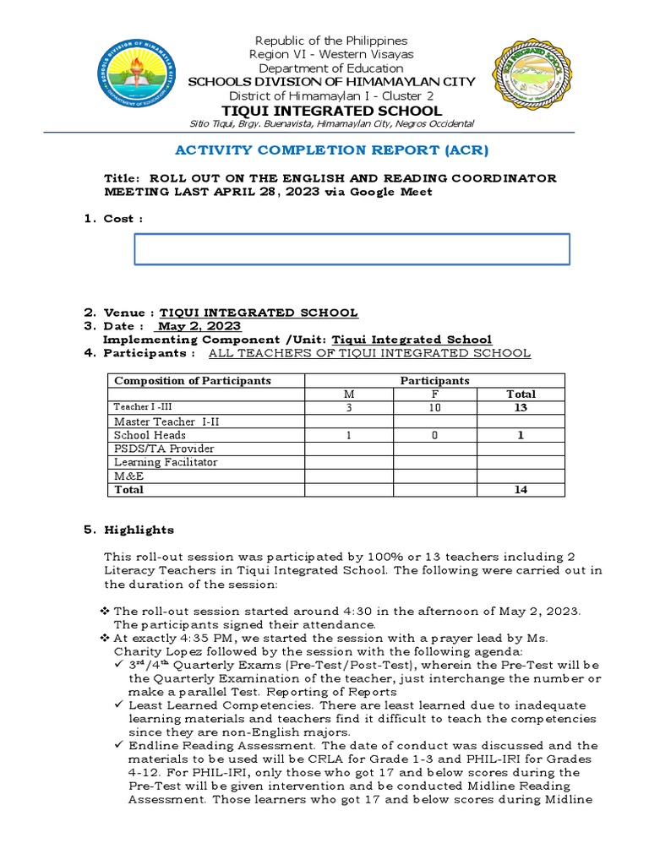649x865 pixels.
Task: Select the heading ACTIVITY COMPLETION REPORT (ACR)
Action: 331,150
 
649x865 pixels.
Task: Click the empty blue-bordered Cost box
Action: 352,249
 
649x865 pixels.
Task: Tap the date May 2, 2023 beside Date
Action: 199,326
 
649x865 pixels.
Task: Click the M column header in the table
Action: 349,394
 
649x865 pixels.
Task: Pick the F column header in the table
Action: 435,394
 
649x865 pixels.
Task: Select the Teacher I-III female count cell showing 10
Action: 435,407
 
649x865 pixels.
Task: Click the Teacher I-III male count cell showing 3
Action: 349,407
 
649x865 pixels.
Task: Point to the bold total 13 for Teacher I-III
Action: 521,407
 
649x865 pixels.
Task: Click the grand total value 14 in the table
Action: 521,489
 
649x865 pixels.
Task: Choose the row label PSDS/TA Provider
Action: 164,449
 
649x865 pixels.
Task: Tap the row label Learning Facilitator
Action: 166,462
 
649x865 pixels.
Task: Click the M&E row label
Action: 128,476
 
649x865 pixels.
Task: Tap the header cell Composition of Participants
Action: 193,380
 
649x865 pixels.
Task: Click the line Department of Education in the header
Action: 331,68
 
